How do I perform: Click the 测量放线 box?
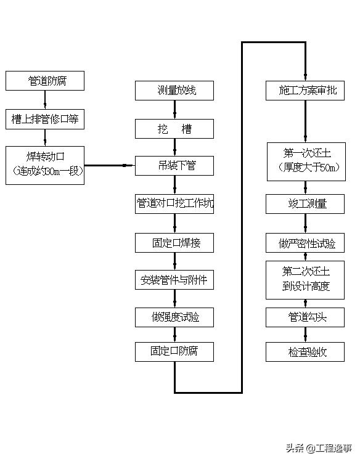[x=175, y=91]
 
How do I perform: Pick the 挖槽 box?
[x=175, y=129]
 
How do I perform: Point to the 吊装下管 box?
[x=175, y=165]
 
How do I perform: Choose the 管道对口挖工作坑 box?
[x=175, y=204]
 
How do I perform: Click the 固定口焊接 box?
[x=175, y=242]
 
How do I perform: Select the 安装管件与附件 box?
[x=175, y=280]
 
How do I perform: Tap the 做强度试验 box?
[x=175, y=317]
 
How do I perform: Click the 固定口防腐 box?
[x=175, y=351]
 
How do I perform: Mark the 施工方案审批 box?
[x=305, y=91]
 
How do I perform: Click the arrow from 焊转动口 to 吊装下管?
[x=110, y=165]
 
